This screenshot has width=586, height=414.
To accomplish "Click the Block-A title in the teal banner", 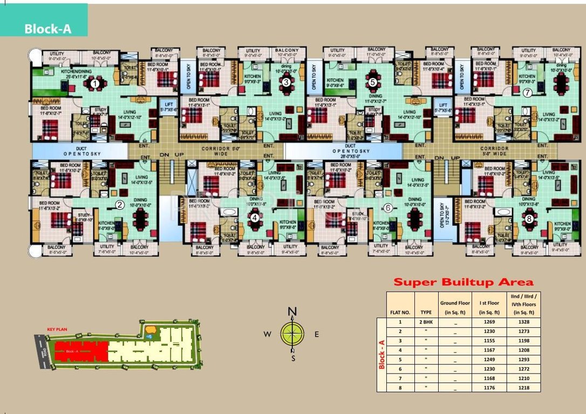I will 47,29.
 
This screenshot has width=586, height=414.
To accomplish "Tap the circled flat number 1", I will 95,84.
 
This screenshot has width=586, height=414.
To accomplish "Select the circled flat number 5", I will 372,82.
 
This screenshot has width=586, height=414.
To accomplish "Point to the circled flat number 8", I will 529,218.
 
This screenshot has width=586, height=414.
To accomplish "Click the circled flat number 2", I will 120,204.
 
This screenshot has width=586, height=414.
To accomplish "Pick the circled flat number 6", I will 387,208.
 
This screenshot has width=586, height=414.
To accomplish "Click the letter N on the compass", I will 292,311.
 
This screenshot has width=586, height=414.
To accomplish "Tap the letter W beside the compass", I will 267,334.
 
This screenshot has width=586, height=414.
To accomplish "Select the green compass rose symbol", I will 292,333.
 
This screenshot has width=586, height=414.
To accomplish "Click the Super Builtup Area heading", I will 463,282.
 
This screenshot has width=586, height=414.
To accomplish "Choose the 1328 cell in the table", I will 520,322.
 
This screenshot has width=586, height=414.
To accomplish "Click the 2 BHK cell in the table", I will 426,322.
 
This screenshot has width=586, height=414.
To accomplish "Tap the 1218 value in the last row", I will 520,387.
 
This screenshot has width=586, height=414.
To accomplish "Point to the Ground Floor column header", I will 455,308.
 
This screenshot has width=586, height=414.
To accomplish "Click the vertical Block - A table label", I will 381,354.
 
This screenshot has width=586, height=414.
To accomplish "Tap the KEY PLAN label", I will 56,329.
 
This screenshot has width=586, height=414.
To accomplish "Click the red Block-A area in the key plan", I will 81,351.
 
